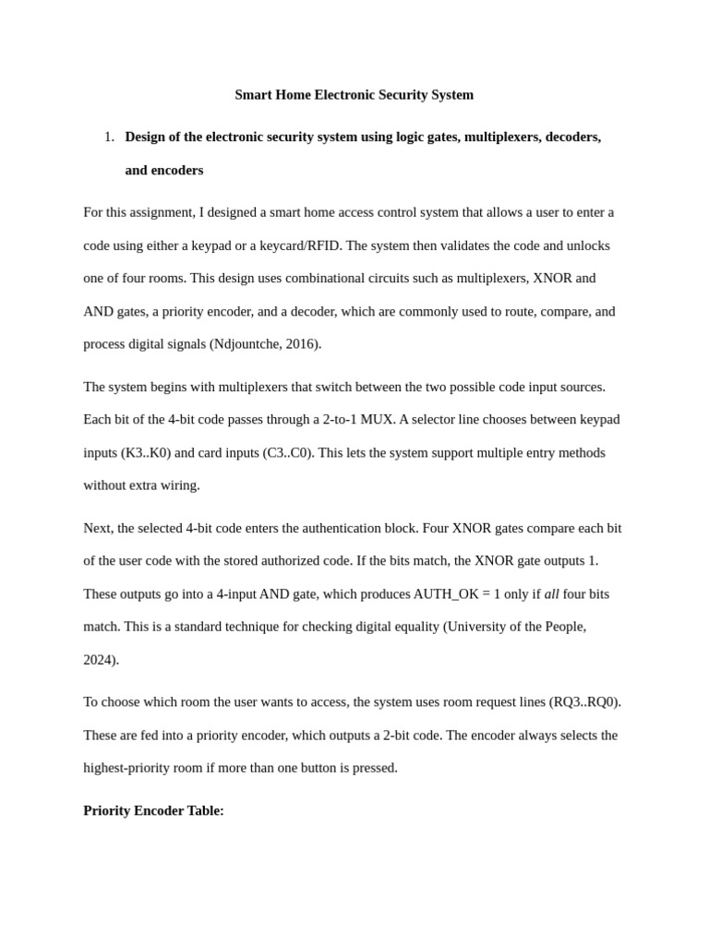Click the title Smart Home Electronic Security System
click(354, 94)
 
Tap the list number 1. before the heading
click(109, 137)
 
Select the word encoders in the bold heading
click(177, 170)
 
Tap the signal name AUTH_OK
click(445, 593)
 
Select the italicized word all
click(552, 593)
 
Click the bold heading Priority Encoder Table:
click(153, 810)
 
